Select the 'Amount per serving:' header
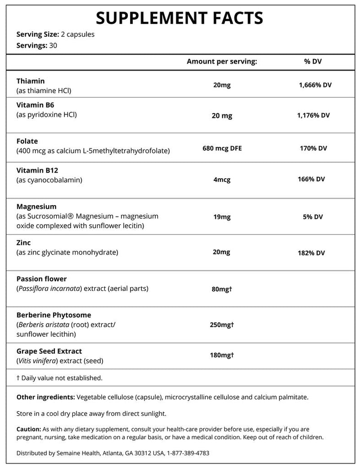coord(221,61)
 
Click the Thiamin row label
coord(31,81)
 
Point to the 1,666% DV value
coord(315,85)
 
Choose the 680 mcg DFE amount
coord(222,148)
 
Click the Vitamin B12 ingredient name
coord(37,171)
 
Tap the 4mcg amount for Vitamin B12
coord(222,180)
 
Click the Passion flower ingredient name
coord(41,279)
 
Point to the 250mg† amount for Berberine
coord(222,325)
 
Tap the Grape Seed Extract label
coord(49,351)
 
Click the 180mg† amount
coord(222,356)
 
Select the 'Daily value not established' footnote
coord(59,378)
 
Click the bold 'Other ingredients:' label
coord(45,397)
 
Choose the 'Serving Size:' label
coord(37,35)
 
